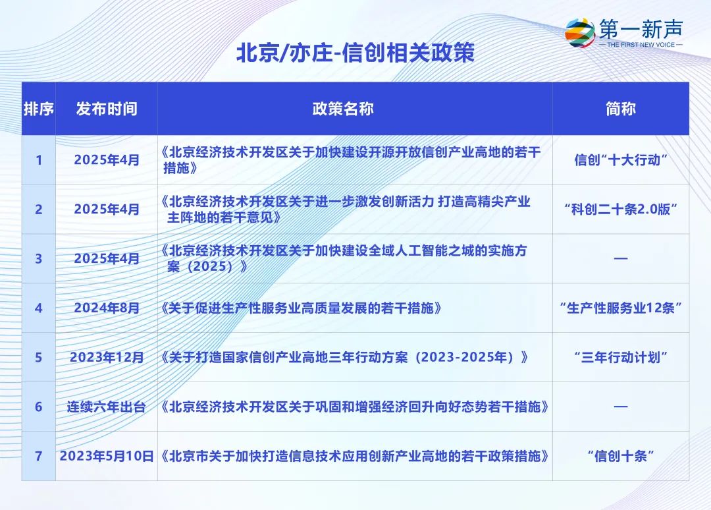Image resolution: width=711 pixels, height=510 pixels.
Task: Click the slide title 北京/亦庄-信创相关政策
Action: click(355, 53)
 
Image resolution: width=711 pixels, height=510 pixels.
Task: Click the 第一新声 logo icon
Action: click(580, 32)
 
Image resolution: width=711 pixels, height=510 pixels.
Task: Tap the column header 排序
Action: click(39, 109)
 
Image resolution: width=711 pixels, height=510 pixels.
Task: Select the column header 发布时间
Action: click(107, 109)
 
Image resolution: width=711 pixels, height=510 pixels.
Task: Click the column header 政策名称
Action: click(343, 109)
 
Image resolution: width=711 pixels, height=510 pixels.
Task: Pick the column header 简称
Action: click(621, 109)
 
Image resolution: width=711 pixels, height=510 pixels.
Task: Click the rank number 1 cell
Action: click(39, 160)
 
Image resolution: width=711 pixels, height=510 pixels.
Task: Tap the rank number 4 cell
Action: click(39, 308)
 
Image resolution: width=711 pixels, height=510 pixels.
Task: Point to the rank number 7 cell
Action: click(39, 456)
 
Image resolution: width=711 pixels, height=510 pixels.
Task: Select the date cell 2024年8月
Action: click(107, 308)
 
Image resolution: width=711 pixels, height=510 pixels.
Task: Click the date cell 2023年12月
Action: click(107, 358)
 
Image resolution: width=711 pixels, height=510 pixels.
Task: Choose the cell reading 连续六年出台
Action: click(107, 407)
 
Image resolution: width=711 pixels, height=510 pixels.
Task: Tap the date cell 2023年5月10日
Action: click(107, 456)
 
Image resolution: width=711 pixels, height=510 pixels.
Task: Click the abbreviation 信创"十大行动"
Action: click(621, 160)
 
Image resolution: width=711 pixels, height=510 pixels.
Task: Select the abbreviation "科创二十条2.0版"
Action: click(621, 209)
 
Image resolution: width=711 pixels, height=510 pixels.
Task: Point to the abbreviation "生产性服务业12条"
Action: click(621, 308)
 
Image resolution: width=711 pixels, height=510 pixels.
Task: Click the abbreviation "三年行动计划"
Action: click(621, 358)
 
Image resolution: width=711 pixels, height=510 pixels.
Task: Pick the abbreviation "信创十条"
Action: click(621, 456)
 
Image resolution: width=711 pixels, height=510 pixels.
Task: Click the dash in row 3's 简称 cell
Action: click(621, 259)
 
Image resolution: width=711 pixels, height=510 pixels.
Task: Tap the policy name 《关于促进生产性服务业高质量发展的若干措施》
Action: click(301, 308)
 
